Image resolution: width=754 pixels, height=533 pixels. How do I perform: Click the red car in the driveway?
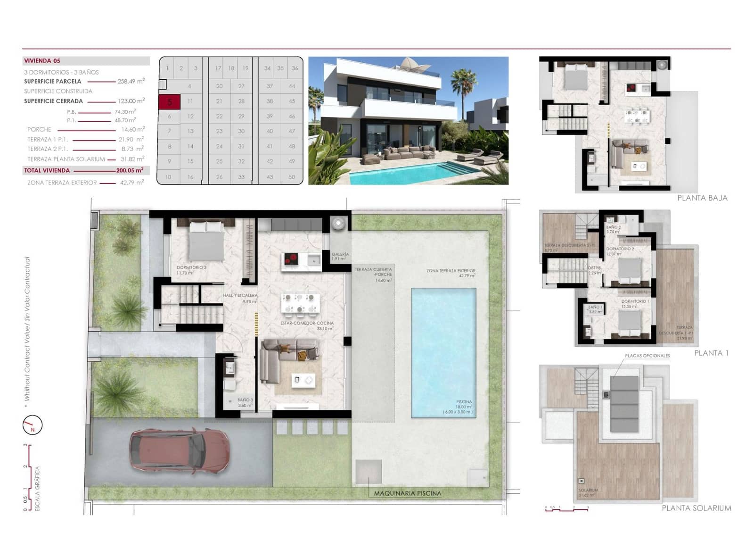tap(180, 451)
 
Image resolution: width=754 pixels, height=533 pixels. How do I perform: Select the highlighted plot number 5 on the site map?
tap(169, 101)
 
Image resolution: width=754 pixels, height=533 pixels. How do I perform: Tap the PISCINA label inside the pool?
tap(464, 402)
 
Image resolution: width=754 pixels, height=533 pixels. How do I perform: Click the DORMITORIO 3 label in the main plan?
tap(191, 267)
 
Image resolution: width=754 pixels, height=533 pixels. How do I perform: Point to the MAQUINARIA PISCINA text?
tap(408, 493)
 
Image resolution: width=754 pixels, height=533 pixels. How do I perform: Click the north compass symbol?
tap(33, 425)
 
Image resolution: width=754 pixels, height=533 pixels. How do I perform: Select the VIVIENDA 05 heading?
tap(42, 61)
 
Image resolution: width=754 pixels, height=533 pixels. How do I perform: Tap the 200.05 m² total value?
tap(130, 170)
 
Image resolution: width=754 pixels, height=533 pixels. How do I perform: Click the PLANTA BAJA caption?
tap(702, 198)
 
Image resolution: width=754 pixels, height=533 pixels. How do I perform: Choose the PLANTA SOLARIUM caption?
tap(696, 508)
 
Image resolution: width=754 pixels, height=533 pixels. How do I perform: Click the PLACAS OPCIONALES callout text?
tap(647, 356)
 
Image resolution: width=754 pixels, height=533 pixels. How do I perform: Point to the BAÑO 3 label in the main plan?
tap(245, 400)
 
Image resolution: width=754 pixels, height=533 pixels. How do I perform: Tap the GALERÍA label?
tap(340, 254)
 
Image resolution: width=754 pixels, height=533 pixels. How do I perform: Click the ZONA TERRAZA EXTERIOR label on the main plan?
tap(451, 271)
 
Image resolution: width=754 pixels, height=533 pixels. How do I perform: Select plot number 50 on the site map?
tap(292, 177)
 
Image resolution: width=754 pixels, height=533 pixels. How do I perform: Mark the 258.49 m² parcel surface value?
tap(131, 81)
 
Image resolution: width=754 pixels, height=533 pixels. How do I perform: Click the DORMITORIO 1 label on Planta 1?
tap(635, 301)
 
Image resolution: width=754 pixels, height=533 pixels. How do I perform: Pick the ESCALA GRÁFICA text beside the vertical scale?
tap(38, 488)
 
